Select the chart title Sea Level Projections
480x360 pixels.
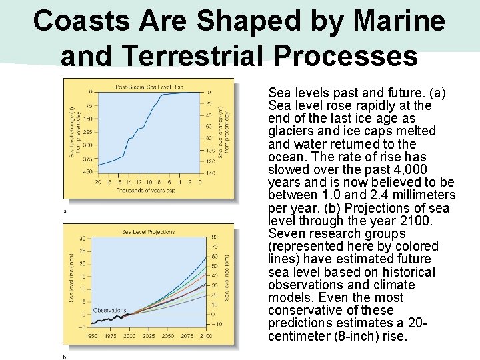click(148, 232)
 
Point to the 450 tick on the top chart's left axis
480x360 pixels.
click(87, 171)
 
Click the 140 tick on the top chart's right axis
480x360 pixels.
click(211, 173)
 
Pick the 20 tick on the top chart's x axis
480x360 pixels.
click(99, 182)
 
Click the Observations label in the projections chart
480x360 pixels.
click(109, 310)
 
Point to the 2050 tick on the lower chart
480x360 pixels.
click(168, 336)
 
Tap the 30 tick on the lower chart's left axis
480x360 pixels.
click(83, 238)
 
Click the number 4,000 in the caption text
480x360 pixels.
click(393, 170)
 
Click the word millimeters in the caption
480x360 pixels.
click(419, 195)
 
